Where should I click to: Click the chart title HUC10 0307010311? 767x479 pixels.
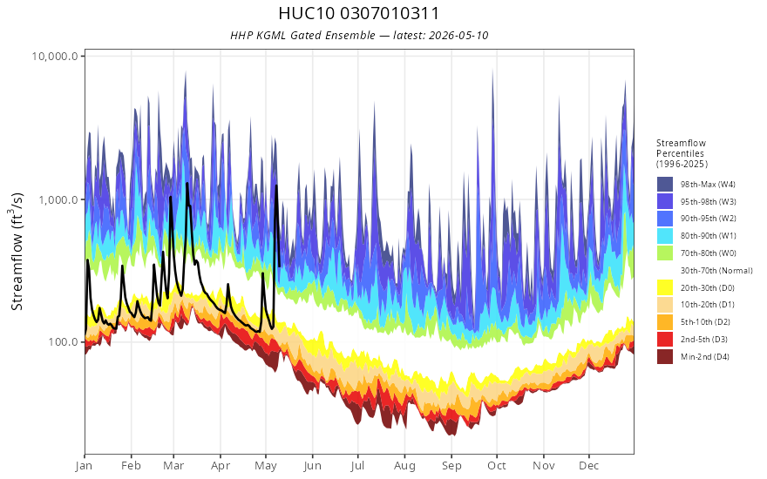(x=358, y=13)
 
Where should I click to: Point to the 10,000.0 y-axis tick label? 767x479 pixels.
(x=55, y=56)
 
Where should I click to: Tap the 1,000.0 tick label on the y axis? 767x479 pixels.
(x=58, y=199)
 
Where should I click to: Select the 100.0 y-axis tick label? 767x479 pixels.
(x=63, y=341)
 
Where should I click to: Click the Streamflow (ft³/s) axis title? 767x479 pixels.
(x=17, y=251)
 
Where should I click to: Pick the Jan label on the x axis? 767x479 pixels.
(x=84, y=466)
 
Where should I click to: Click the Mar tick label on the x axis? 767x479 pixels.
(x=173, y=465)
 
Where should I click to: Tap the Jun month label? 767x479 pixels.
(x=312, y=466)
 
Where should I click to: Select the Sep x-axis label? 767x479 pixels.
(x=451, y=466)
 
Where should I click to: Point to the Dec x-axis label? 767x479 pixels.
(x=589, y=465)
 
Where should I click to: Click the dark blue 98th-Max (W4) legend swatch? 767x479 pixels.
(x=665, y=185)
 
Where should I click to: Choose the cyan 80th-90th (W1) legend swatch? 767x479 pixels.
(x=665, y=236)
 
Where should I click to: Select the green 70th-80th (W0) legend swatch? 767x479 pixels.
(x=665, y=253)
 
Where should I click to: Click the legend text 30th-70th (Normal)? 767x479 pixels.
(x=716, y=270)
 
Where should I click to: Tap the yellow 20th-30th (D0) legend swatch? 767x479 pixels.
(x=665, y=287)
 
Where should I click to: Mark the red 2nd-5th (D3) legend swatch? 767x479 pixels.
(x=665, y=339)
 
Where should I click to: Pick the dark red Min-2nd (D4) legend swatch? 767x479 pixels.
(x=665, y=356)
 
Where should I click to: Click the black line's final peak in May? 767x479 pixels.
(x=276, y=186)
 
